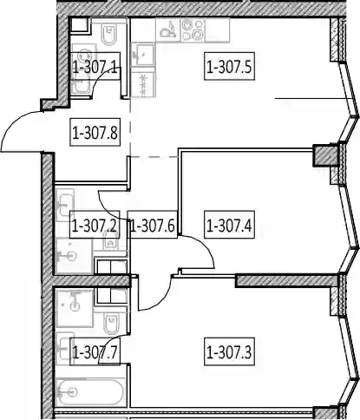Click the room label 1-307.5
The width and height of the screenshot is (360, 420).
[229, 66]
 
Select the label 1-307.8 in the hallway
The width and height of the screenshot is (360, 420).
[95, 133]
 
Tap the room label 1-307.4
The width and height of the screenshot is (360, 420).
[229, 225]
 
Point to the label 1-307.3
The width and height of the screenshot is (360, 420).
[229, 351]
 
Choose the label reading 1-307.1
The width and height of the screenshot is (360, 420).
[95, 66]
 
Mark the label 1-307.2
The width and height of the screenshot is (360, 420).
[95, 225]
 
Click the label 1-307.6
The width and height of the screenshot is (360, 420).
[153, 225]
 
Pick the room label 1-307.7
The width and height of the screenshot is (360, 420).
[95, 351]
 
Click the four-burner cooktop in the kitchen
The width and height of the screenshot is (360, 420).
[193, 30]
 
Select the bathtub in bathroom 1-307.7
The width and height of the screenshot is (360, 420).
[90, 392]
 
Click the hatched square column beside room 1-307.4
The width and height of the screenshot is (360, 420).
[323, 155]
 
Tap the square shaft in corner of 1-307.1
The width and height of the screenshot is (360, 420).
[79, 25]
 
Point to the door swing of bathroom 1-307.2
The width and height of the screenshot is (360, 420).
[110, 207]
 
